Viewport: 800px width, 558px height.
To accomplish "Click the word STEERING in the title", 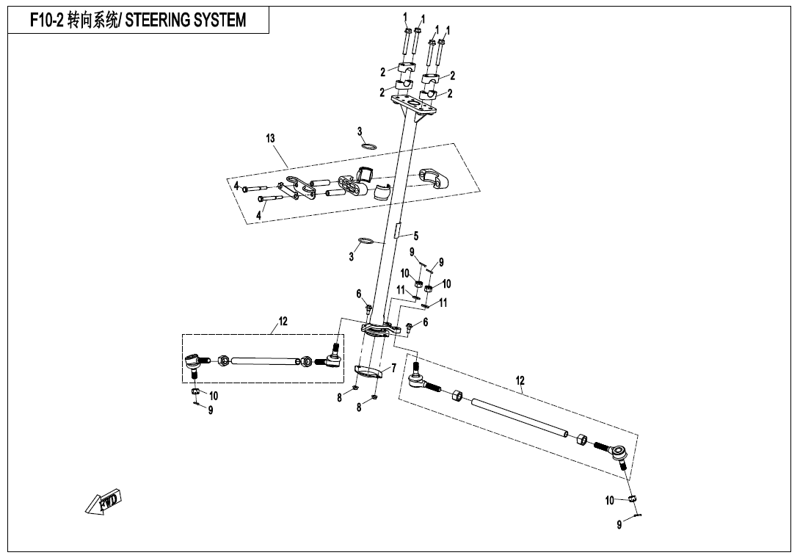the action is pos(156,21).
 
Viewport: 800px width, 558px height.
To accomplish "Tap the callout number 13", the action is pos(270,138).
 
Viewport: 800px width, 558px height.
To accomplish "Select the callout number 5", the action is pos(416,236).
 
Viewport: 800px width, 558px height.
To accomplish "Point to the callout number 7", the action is pos(394,368).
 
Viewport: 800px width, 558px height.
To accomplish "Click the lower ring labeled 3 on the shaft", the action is pos(366,241).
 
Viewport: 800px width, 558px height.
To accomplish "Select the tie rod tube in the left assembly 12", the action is pos(265,361).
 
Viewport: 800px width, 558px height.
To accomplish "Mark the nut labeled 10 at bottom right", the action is pos(633,498).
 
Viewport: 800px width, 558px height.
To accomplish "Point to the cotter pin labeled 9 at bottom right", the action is pos(637,515).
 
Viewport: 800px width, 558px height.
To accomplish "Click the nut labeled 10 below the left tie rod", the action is pos(195,391).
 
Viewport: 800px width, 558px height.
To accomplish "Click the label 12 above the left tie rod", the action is pos(283,321).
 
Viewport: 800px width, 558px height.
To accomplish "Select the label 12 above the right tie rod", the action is pos(520,381).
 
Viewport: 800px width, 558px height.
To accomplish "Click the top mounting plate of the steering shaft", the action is pos(414,104).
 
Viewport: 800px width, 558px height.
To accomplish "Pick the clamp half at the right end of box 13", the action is pos(434,178).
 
